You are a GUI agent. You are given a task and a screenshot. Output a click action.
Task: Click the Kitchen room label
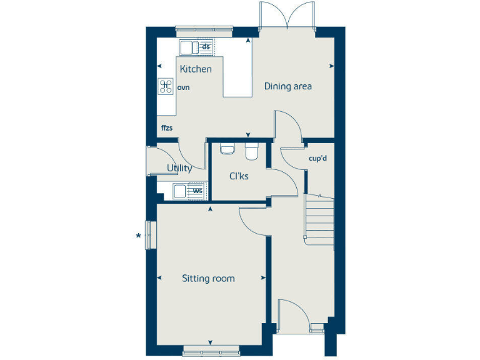click(196, 69)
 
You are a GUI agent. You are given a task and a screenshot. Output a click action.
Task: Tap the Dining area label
click(287, 86)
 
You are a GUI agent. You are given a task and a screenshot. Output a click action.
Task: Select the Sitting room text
click(208, 278)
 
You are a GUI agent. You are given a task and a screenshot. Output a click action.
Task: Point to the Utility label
click(179, 168)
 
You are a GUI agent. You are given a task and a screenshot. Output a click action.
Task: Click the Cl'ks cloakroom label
click(239, 176)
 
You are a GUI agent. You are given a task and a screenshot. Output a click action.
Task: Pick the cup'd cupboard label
click(318, 158)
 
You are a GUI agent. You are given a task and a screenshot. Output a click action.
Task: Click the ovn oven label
click(183, 88)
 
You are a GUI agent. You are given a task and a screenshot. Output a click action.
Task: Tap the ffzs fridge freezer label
click(166, 128)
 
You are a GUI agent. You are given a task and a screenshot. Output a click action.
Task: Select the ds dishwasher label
click(205, 47)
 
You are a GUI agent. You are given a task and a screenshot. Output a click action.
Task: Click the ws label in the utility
click(197, 191)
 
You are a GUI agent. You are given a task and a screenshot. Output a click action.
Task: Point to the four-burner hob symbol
click(166, 86)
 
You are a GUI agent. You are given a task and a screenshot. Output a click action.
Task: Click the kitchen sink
click(187, 47)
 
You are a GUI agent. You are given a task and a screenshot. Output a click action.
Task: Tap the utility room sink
click(180, 191)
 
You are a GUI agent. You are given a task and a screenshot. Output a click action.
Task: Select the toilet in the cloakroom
click(252, 152)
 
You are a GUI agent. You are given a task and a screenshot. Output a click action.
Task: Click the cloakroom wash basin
click(227, 149)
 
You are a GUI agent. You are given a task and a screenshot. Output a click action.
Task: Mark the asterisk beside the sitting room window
click(138, 236)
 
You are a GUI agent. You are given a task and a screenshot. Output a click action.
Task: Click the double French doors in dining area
click(287, 16)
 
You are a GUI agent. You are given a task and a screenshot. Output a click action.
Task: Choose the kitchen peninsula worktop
click(237, 75)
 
